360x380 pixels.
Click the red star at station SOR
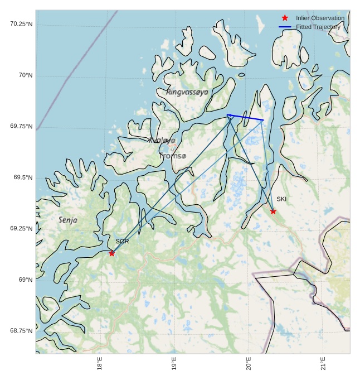click(x=112, y=253)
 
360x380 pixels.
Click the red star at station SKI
click(x=273, y=211)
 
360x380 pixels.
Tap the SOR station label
click(x=122, y=242)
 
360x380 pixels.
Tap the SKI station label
click(x=281, y=199)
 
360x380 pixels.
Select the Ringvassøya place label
click(x=187, y=92)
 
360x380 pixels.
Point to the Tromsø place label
click(x=173, y=156)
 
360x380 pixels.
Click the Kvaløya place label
click(x=162, y=140)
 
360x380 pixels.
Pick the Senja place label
click(x=68, y=220)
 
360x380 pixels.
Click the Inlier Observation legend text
click(x=320, y=18)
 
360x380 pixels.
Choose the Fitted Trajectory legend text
click(x=318, y=27)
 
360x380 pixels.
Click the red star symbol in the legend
click(x=285, y=18)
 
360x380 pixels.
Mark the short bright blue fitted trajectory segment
click(x=245, y=117)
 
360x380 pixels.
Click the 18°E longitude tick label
click(x=100, y=363)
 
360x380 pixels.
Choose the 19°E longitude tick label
click(x=174, y=363)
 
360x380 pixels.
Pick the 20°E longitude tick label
click(x=249, y=363)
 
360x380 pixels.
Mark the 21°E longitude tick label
click(x=323, y=363)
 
